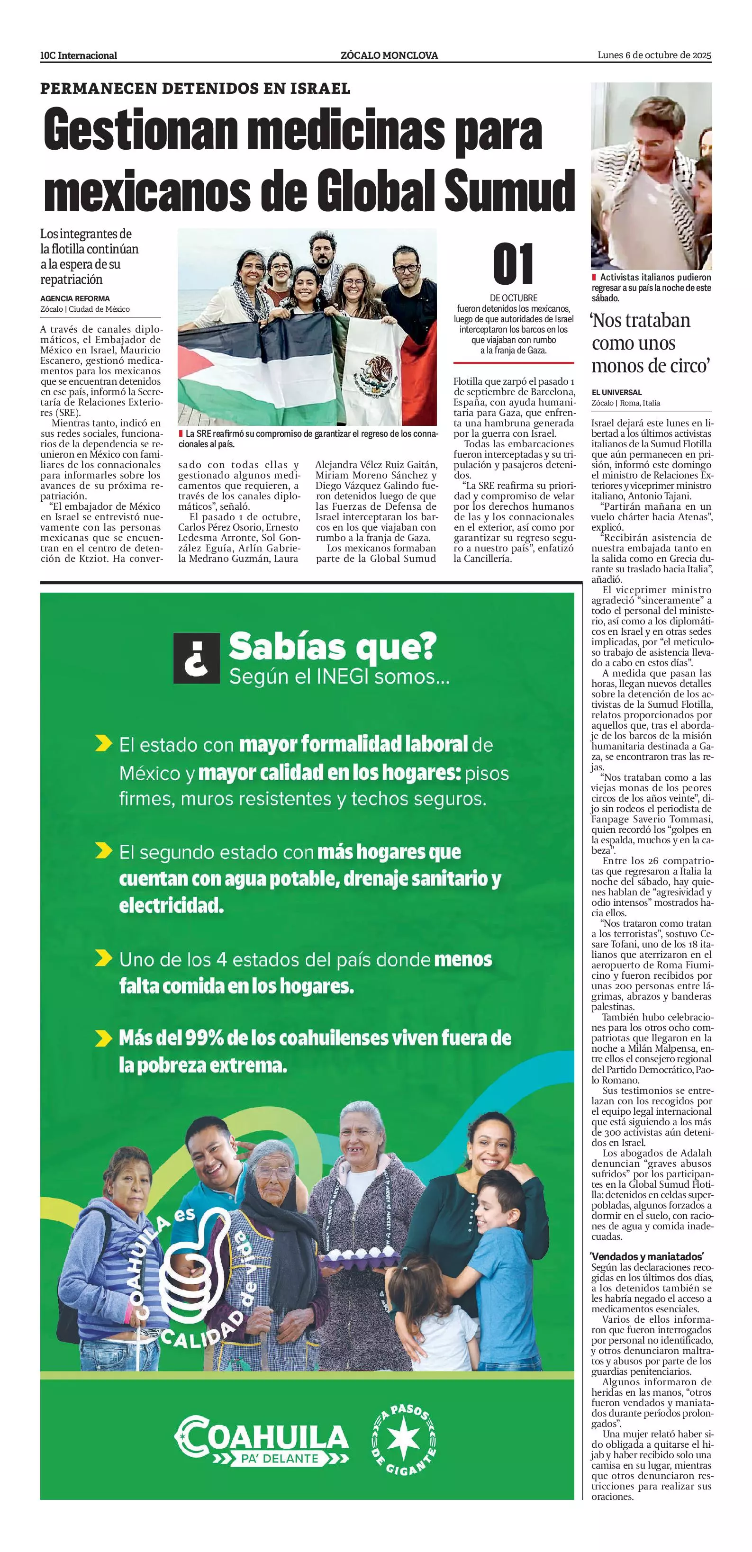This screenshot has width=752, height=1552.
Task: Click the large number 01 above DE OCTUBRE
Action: coord(513,264)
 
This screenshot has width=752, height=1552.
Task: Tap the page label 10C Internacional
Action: coord(78,55)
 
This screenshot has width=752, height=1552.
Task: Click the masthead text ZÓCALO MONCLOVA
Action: coord(389,55)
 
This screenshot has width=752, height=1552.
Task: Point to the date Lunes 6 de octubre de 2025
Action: coord(654,55)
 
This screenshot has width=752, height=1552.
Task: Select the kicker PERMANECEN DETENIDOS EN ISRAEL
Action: coord(195,89)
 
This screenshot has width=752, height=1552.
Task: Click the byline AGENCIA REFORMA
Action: coord(75,298)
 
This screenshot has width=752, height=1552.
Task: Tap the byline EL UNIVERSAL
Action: coord(616,392)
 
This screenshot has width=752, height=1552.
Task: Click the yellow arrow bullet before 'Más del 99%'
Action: coord(104,1038)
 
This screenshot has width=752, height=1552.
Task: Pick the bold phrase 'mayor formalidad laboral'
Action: coord(353,744)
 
